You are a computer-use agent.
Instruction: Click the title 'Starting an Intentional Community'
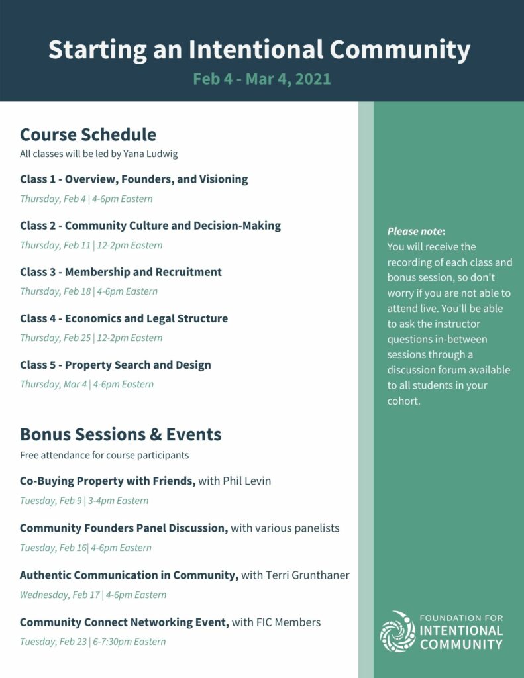coord(259,50)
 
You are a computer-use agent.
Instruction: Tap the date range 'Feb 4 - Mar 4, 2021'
coord(262,79)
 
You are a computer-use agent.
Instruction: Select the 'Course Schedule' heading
coord(88,134)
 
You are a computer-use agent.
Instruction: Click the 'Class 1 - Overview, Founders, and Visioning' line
coord(134,179)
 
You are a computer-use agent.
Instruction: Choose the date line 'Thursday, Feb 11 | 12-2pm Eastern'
coord(91,245)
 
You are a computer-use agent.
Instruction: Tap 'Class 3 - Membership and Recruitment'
coord(121,272)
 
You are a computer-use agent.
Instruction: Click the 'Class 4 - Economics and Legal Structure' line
coord(124,318)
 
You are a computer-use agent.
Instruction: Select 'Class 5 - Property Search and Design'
coord(115,365)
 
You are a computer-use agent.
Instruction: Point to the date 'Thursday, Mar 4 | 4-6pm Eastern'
coord(86,384)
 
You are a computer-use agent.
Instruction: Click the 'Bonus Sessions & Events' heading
coord(121,434)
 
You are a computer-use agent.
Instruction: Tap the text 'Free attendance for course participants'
coord(104,455)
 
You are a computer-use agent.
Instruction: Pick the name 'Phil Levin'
coord(246,481)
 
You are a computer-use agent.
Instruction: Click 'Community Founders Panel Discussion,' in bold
coord(124,528)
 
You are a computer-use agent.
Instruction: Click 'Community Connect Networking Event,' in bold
coord(125,622)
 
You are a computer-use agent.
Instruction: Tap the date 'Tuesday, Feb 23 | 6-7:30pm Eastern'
coord(93,641)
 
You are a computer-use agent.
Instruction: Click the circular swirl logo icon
coord(397,632)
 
